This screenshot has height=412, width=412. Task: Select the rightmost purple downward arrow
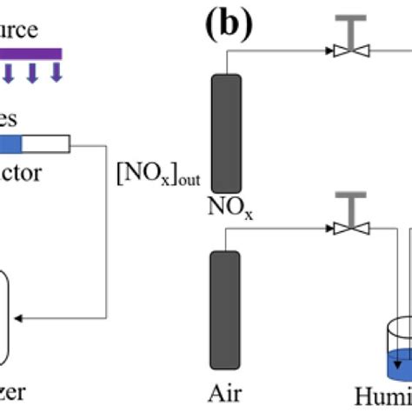click(56, 72)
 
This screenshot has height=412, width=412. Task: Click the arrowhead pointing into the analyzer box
click(27, 319)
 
